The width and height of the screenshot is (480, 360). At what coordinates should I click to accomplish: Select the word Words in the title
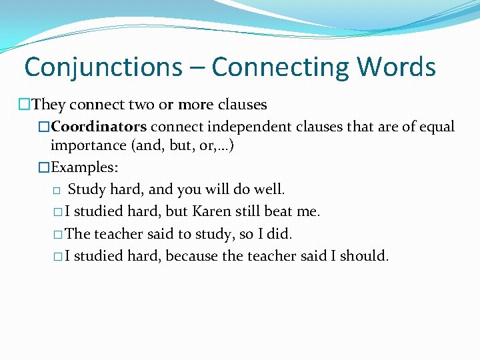pos(396,67)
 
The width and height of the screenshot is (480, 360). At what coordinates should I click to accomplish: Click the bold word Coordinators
pos(99,127)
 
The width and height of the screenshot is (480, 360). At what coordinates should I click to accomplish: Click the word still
pos(251,211)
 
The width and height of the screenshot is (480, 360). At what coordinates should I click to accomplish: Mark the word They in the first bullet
pos(48,105)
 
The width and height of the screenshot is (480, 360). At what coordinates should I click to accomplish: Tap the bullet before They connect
pos(25,105)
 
